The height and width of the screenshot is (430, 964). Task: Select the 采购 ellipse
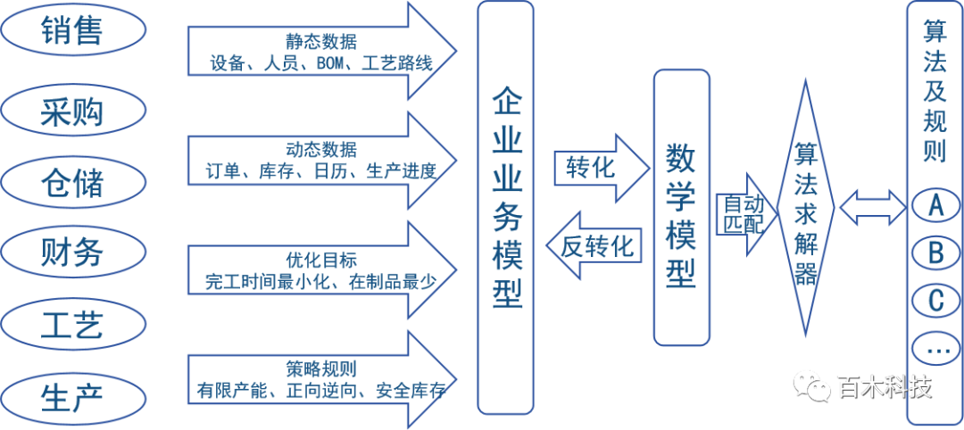pyautogui.click(x=72, y=112)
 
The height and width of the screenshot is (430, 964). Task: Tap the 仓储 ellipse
pyautogui.click(x=72, y=183)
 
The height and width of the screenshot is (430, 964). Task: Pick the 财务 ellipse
pyautogui.click(x=72, y=252)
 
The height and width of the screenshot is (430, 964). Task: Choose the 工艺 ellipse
pyautogui.click(x=72, y=324)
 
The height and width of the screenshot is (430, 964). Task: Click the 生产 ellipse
pyautogui.click(x=72, y=395)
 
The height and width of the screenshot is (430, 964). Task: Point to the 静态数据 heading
pyautogui.click(x=320, y=41)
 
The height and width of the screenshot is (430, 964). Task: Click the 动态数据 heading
pyautogui.click(x=320, y=148)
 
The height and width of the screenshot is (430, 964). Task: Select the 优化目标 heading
pyautogui.click(x=320, y=260)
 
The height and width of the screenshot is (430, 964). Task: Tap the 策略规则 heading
pyautogui.click(x=320, y=368)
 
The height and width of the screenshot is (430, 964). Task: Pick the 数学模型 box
pyautogui.click(x=681, y=207)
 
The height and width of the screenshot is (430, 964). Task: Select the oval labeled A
pyautogui.click(x=935, y=206)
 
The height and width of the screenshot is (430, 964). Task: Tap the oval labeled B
pyautogui.click(x=935, y=254)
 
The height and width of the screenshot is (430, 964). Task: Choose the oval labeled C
pyautogui.click(x=935, y=302)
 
